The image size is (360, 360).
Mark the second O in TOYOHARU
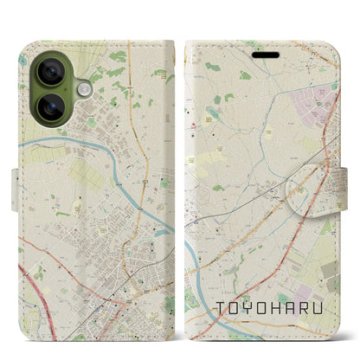[x=260, y=307]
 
